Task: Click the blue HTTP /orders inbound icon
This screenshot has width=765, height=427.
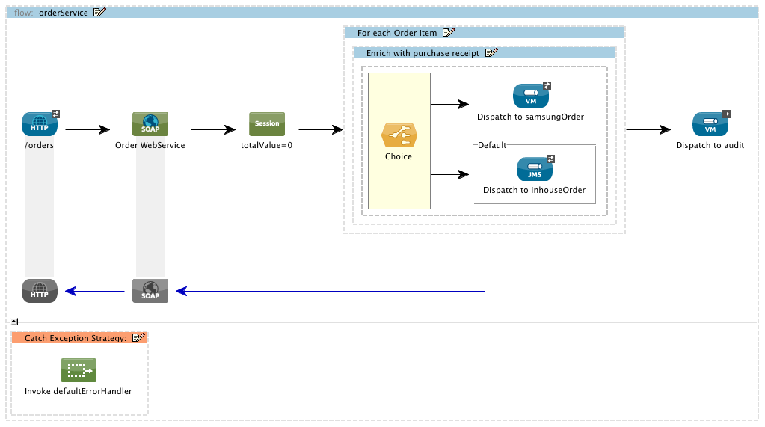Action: point(40,124)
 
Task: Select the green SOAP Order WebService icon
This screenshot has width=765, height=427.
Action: point(150,124)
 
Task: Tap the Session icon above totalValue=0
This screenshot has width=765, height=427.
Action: point(267,124)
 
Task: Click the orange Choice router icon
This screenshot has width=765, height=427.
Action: point(399,135)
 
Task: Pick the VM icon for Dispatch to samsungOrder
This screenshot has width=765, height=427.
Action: point(531,96)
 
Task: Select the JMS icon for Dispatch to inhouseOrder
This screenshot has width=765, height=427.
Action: point(534,169)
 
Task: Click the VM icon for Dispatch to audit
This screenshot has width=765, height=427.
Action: point(710,124)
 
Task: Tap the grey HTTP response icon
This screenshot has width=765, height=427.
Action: point(40,290)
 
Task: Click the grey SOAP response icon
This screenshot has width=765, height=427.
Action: point(150,290)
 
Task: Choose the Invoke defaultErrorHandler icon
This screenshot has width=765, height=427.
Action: point(79,370)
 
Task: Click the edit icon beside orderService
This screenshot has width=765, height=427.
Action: point(99,13)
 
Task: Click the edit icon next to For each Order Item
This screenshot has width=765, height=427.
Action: point(449,33)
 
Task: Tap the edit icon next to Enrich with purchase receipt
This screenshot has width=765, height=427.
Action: point(491,53)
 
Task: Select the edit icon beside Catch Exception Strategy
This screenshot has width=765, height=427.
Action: point(138,338)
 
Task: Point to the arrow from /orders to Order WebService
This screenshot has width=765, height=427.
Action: point(87,129)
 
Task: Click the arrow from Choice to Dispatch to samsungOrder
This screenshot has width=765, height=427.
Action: point(450,105)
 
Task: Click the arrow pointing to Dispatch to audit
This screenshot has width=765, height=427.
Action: point(648,129)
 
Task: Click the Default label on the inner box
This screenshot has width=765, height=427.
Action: point(492,145)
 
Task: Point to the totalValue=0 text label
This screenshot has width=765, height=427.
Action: point(266,145)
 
